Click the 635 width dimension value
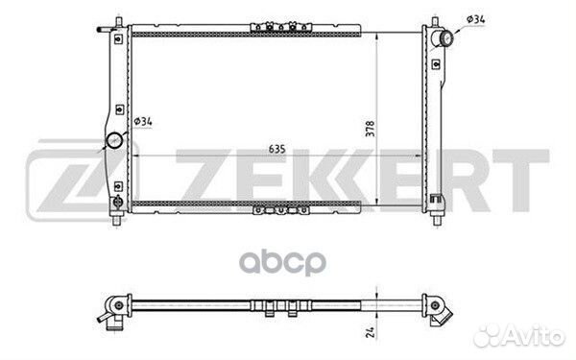pyautogui.click(x=277, y=149)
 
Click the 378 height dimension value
pyautogui.click(x=370, y=129)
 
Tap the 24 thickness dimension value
pyautogui.click(x=371, y=332)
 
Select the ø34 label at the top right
pyautogui.click(x=476, y=19)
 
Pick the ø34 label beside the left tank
pyautogui.click(x=143, y=121)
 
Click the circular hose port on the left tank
pyautogui.click(x=114, y=140)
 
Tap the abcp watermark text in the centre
pyautogui.click(x=283, y=262)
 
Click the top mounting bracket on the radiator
pyautogui.click(x=281, y=27)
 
